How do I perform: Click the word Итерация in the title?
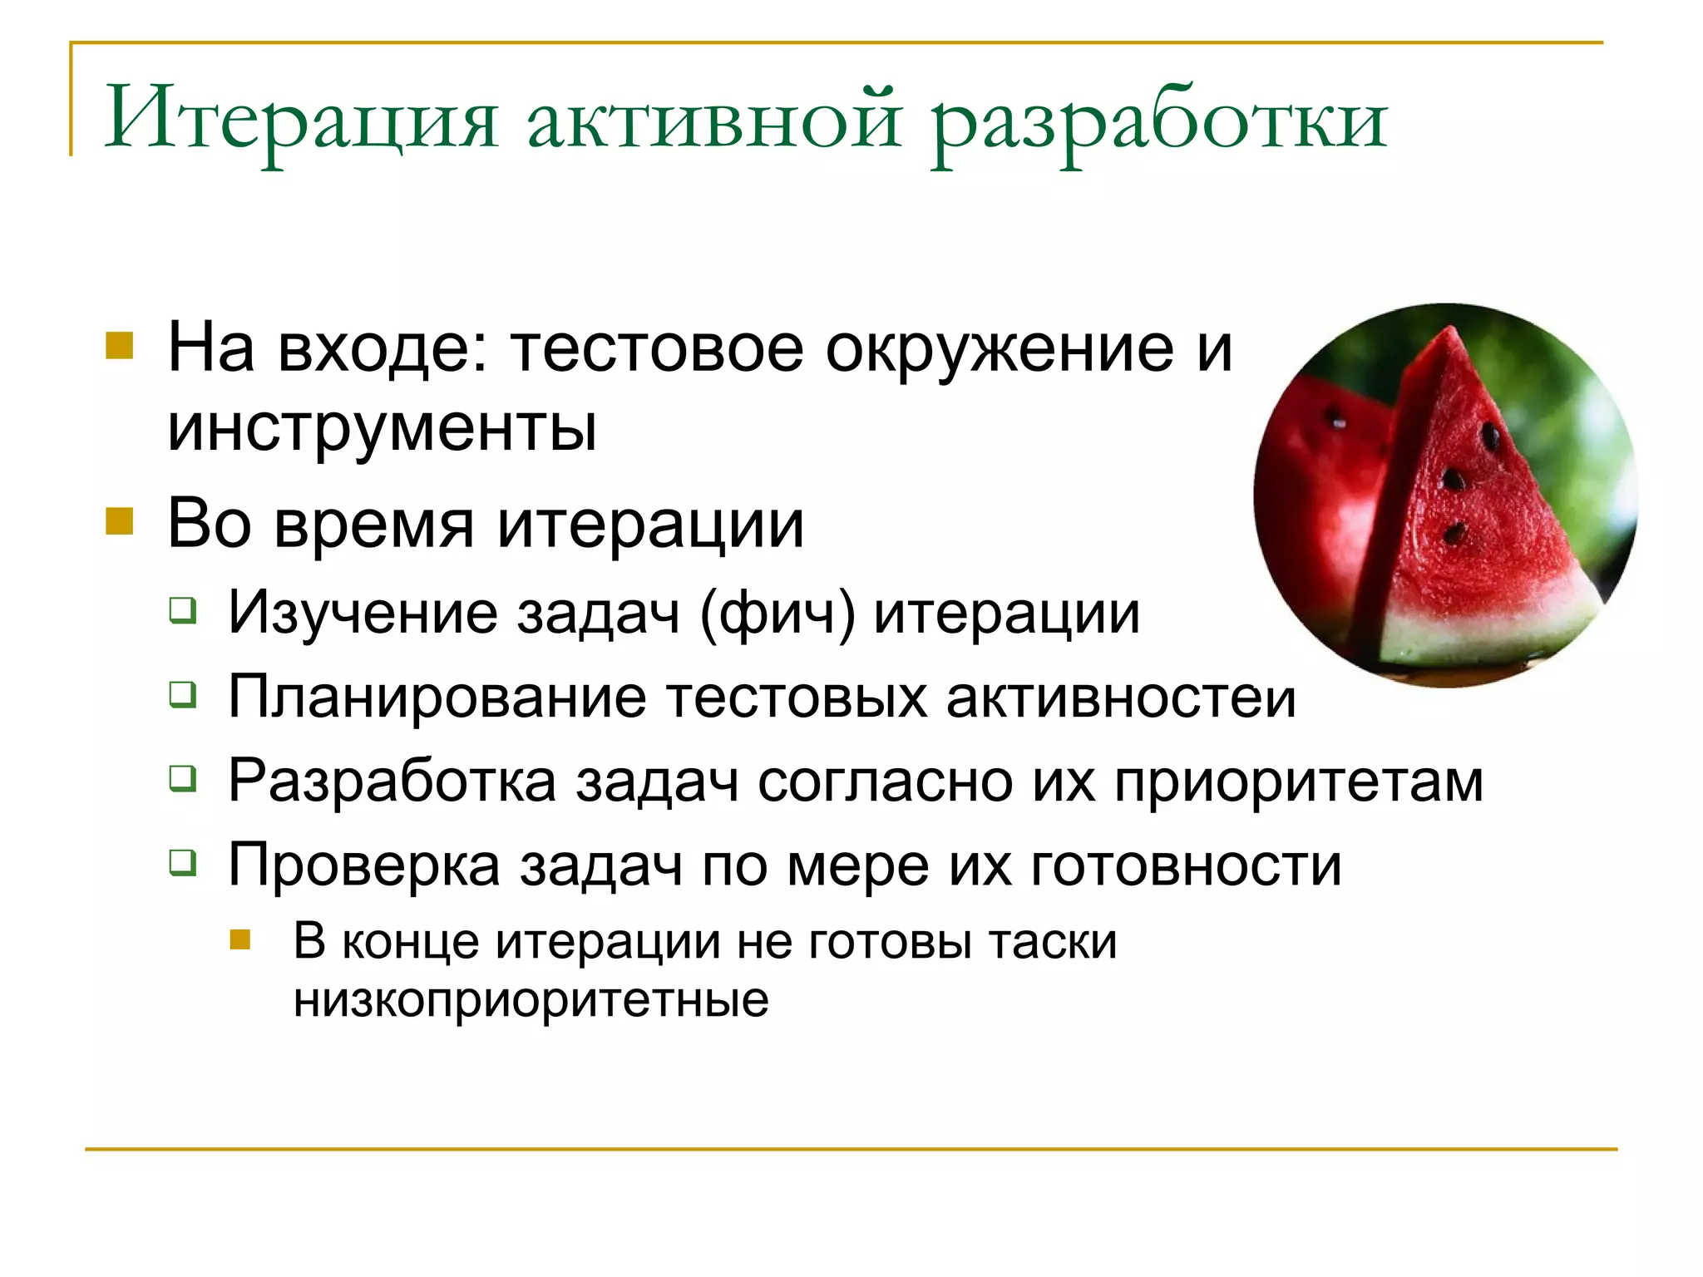tap(301, 121)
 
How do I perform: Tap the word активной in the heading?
tap(714, 121)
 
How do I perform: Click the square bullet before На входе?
tap(120, 345)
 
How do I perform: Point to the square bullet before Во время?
tap(120, 521)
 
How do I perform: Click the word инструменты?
tap(383, 429)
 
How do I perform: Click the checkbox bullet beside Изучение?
tap(183, 611)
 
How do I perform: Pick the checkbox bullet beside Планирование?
tap(183, 694)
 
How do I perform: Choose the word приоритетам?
tap(1299, 781)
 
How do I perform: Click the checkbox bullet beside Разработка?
tap(183, 779)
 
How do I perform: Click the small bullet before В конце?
tap(240, 939)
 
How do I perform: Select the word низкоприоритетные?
tap(531, 999)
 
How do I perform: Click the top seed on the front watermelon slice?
tap(1490, 436)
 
